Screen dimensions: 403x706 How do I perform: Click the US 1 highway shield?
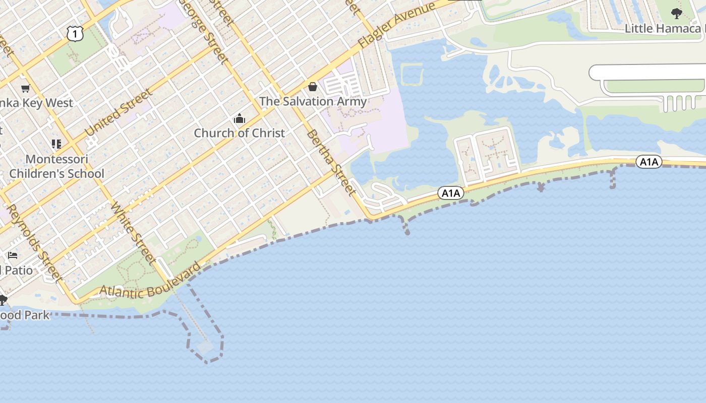click(x=75, y=34)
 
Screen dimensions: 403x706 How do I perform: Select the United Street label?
click(x=119, y=112)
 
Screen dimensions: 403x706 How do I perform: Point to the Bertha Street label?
click(x=331, y=162)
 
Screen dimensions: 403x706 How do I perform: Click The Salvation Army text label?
click(x=313, y=101)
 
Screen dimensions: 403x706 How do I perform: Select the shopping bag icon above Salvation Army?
click(x=313, y=87)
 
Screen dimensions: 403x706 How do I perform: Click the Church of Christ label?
click(x=240, y=133)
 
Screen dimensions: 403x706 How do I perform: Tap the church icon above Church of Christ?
click(x=240, y=119)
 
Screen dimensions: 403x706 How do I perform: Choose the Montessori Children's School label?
click(x=56, y=166)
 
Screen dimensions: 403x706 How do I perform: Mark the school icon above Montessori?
click(x=56, y=145)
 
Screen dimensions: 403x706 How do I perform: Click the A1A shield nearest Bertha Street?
click(x=450, y=192)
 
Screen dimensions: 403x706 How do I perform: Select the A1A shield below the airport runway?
click(x=649, y=162)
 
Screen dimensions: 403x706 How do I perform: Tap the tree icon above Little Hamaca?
click(x=677, y=14)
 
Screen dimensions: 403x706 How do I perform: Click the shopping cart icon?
click(x=25, y=89)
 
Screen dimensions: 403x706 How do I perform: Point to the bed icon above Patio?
click(x=13, y=255)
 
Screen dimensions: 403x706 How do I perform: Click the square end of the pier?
click(x=206, y=347)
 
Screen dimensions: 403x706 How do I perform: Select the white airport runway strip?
click(x=651, y=72)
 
